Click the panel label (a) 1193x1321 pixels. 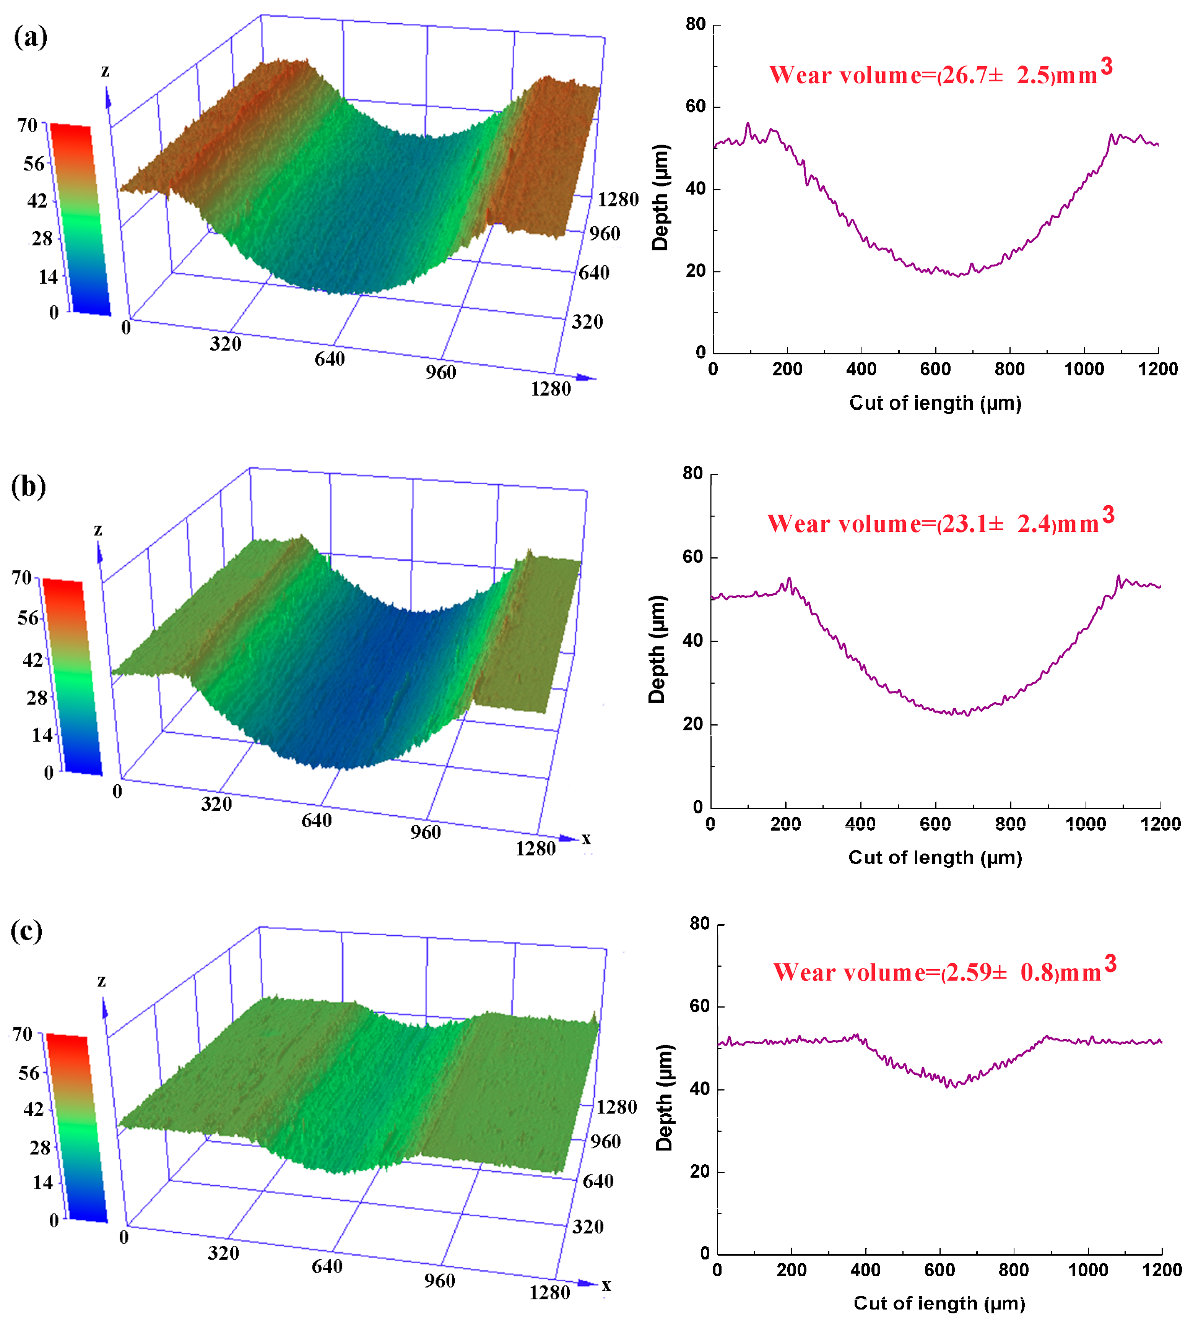point(30,37)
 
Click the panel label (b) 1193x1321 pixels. point(29,487)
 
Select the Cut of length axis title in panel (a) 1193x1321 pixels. point(935,403)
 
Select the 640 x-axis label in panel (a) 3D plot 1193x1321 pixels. point(329,359)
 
